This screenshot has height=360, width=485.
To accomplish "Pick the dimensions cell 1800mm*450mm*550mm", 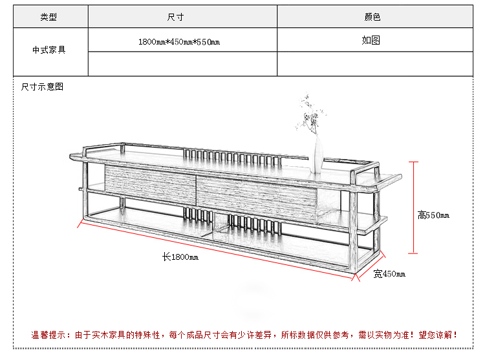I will (179, 42).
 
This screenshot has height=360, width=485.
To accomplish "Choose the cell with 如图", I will (371, 40).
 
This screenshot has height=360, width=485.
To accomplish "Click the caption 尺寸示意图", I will (42, 87).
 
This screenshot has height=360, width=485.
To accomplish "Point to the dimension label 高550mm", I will (433, 215).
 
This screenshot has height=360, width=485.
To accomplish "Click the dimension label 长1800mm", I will (180, 257).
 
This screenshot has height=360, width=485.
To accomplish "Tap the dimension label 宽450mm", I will (389, 274).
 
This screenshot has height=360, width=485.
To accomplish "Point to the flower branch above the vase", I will (310, 115).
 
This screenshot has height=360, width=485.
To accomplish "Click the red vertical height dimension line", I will (413, 207).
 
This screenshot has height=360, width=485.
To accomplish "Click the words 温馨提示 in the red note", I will (48, 335).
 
